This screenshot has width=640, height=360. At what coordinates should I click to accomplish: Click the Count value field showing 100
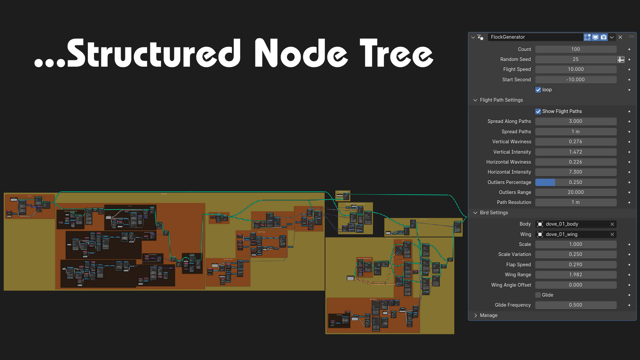tap(575, 49)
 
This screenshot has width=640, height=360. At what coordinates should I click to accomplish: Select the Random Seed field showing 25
tap(575, 59)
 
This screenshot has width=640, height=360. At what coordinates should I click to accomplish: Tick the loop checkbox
tap(538, 90)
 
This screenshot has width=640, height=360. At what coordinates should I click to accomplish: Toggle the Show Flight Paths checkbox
tap(538, 111)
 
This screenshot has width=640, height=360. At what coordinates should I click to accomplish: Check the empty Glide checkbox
tap(538, 295)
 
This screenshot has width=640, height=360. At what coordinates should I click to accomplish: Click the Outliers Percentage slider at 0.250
tap(575, 182)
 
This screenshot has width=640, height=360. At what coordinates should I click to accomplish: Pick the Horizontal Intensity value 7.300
tap(575, 172)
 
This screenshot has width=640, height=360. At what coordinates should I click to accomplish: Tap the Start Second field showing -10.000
tap(575, 80)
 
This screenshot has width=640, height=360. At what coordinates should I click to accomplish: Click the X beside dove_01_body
tap(612, 224)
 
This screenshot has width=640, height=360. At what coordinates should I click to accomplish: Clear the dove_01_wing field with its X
tap(612, 234)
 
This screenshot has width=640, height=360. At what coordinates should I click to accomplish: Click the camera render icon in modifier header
tap(604, 37)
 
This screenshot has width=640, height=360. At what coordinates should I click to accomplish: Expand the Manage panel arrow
tap(476, 315)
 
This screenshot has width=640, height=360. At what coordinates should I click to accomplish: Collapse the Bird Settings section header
tap(494, 213)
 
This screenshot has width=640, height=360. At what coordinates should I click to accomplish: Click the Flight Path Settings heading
tap(501, 100)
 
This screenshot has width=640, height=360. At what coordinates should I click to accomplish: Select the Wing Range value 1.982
tap(575, 275)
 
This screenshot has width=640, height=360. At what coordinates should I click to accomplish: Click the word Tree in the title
tap(396, 53)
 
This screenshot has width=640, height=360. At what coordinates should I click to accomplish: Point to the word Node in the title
tap(301, 53)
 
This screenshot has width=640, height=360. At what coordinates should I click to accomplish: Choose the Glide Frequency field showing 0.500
tap(575, 305)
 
